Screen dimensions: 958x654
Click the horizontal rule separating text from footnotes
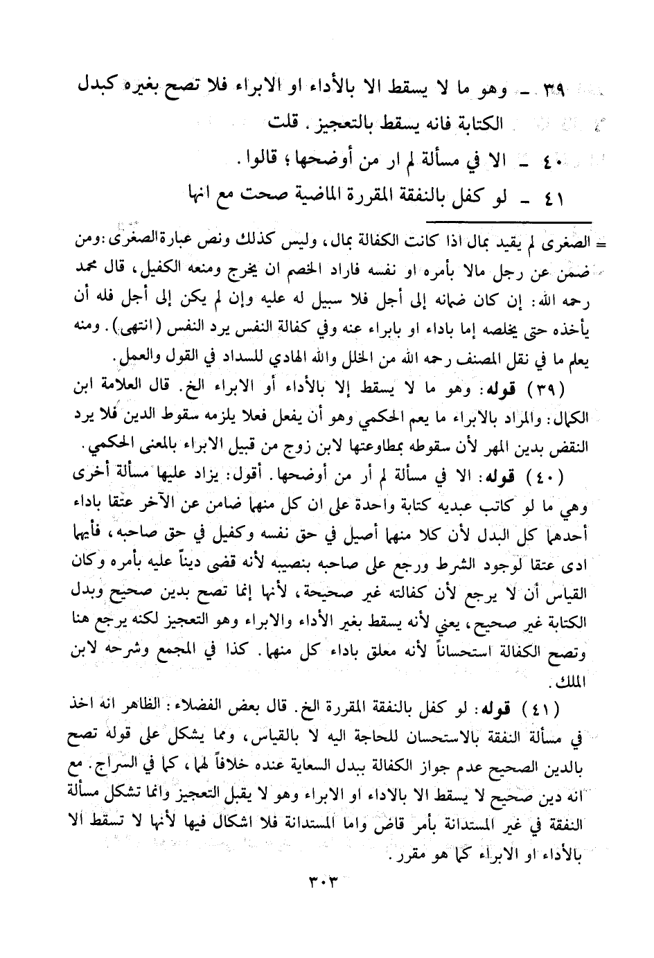506,222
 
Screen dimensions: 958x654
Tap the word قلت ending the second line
281,124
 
